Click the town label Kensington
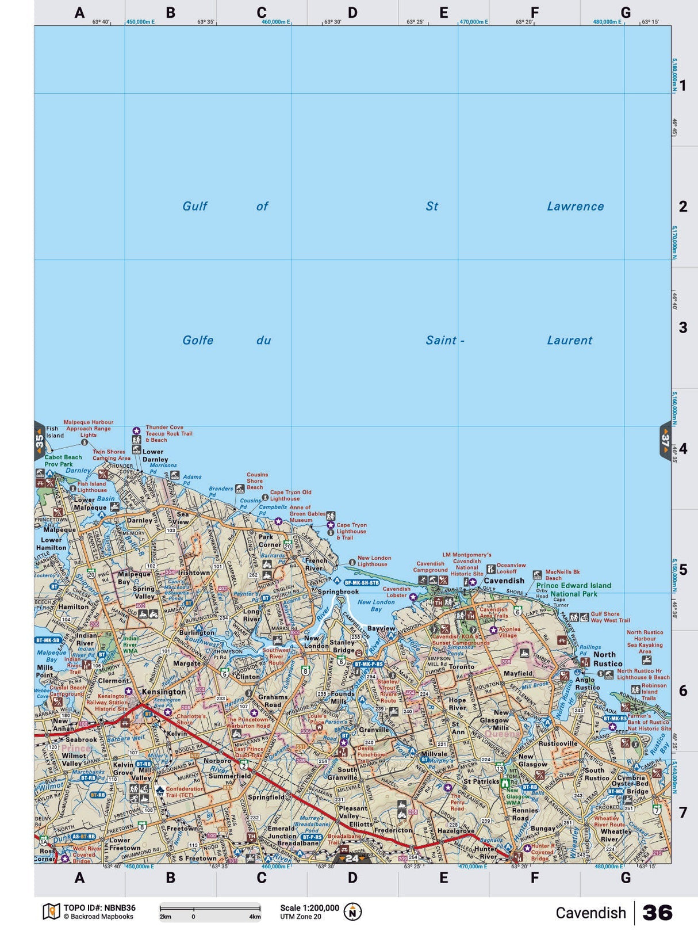pos(164,692)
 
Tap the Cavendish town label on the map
pos(504,581)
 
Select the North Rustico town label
pos(608,659)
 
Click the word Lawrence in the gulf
pos(575,207)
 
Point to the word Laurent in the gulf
pos(569,341)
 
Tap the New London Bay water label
pos(376,605)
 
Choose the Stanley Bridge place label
pos(343,646)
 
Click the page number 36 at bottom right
pos(657,913)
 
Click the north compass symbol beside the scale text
pos(352,912)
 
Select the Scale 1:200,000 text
pos(309,908)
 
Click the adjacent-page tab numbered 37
pos(665,441)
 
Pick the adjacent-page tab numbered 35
pos(39,441)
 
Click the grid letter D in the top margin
pos(352,13)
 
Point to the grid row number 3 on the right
pos(682,327)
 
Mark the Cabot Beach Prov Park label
pos(63,461)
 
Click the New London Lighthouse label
pos(374,561)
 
